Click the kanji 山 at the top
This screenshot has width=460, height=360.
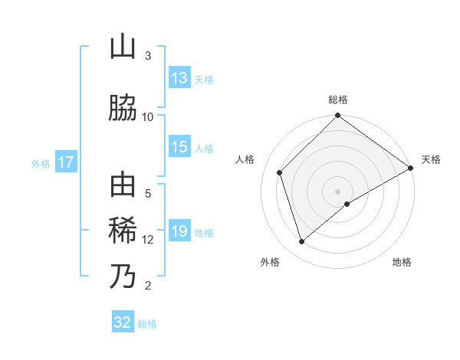pyautogui.click(x=123, y=47)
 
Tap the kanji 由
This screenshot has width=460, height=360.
pyautogui.click(x=123, y=185)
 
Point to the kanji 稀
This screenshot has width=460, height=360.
pyautogui.click(x=123, y=230)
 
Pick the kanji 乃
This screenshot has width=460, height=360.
pyautogui.click(x=123, y=276)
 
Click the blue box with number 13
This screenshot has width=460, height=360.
pyautogui.click(x=179, y=78)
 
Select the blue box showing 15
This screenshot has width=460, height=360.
pyautogui.click(x=179, y=147)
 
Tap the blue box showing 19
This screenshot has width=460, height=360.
pyautogui.click(x=179, y=231)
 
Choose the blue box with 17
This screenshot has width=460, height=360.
pyautogui.click(x=65, y=162)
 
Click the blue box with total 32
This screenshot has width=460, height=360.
pyautogui.click(x=123, y=322)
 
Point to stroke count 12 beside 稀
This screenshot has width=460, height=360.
pyautogui.click(x=148, y=240)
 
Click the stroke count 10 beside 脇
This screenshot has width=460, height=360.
pyautogui.click(x=148, y=116)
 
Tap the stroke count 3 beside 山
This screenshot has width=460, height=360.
pyautogui.click(x=148, y=56)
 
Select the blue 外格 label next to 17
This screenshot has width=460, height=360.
pyautogui.click(x=41, y=163)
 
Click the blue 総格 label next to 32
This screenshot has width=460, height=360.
pyautogui.click(x=147, y=324)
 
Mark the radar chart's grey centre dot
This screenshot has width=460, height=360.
pyautogui.click(x=337, y=191)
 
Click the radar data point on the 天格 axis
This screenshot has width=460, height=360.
pyautogui.click(x=411, y=168)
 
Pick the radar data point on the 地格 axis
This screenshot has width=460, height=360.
pyautogui.click(x=347, y=204)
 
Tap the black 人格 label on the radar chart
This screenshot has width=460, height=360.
pyautogui.click(x=245, y=159)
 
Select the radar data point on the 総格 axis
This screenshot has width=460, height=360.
pyautogui.click(x=337, y=116)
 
